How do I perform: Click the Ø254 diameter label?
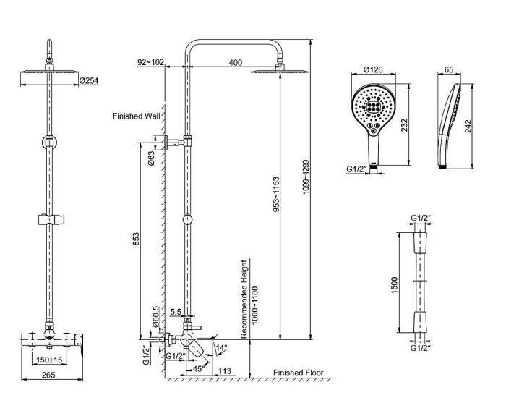(x=88, y=80)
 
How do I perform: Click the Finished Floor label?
(x=298, y=373)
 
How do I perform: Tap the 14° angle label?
(x=223, y=348)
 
